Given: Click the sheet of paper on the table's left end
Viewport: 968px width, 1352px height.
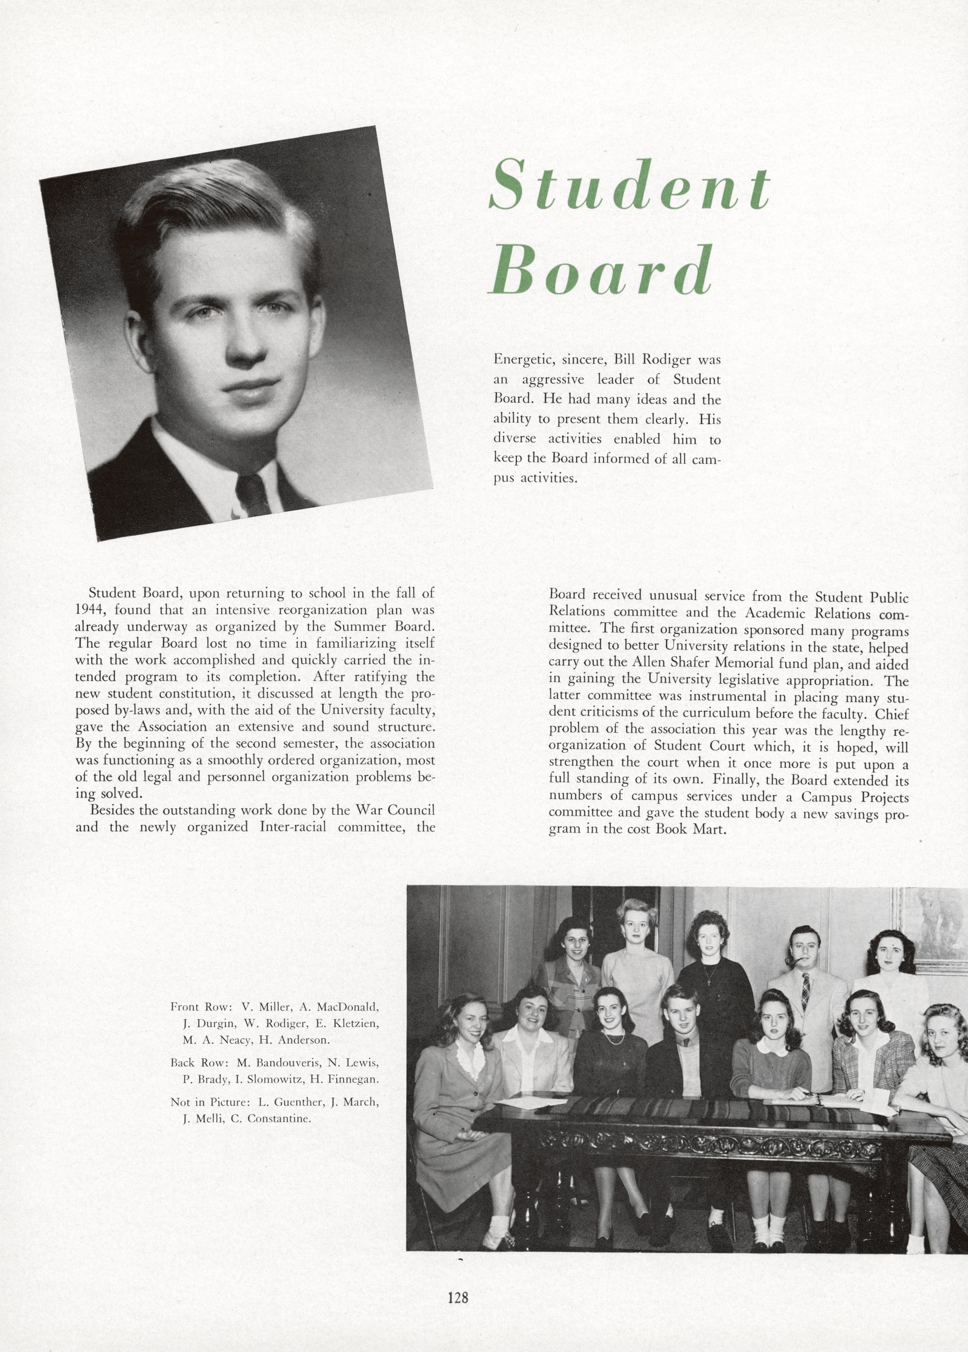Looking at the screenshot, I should pos(523,1102).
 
